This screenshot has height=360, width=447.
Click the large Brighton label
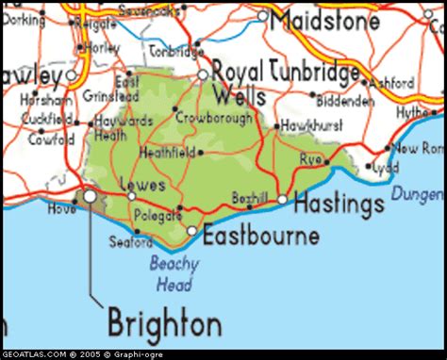[x=165, y=323]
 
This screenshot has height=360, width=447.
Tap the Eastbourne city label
[x=261, y=236]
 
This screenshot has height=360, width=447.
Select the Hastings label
[x=338, y=201]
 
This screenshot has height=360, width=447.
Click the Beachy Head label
[x=174, y=271]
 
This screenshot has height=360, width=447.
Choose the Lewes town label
[x=143, y=185]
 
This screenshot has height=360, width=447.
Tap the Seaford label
[x=126, y=241]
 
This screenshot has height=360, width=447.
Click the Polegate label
[x=157, y=216]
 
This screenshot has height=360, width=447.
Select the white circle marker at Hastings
[x=282, y=199]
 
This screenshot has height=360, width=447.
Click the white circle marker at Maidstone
[x=263, y=18]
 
